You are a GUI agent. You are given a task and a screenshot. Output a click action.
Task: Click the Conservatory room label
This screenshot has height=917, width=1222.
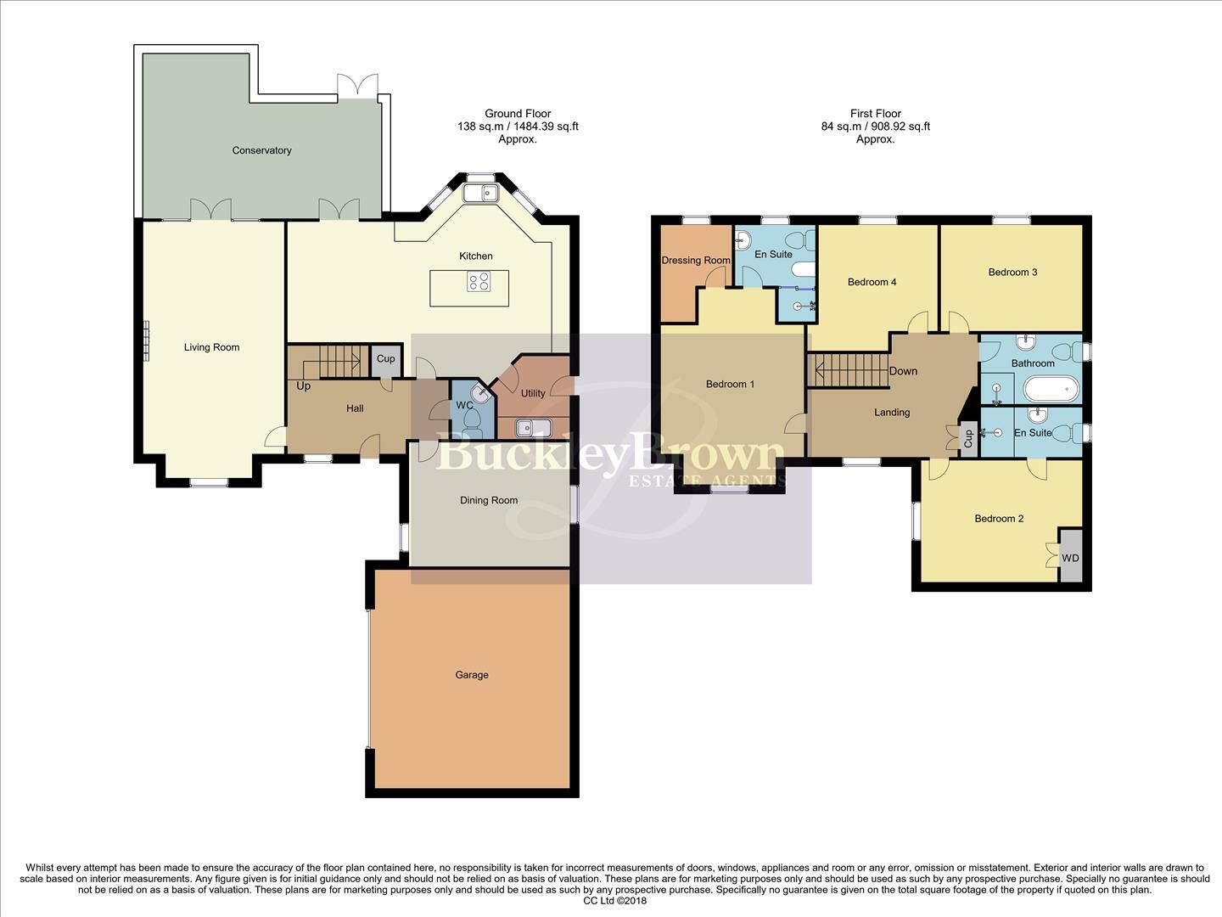click(261, 150)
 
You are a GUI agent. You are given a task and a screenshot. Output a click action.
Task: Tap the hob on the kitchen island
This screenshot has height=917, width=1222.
click(479, 281)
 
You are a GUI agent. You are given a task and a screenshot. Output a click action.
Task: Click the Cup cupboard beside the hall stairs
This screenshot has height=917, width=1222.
click(385, 359)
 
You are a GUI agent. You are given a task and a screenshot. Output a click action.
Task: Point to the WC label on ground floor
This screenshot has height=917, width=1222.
click(464, 405)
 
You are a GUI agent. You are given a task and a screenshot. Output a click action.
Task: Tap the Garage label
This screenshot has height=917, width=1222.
click(471, 675)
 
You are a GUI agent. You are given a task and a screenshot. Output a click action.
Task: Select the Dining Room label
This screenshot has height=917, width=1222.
click(489, 500)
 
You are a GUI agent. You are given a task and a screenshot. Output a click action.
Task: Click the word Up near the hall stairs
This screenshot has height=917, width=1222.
click(303, 386)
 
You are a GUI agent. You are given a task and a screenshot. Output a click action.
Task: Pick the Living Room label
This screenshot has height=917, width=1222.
click(211, 347)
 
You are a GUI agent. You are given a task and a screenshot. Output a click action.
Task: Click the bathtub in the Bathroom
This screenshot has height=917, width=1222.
click(1051, 391)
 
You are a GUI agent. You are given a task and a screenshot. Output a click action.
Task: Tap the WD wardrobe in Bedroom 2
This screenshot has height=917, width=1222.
click(1071, 558)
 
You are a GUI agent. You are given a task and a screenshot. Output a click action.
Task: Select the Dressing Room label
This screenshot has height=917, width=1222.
click(695, 260)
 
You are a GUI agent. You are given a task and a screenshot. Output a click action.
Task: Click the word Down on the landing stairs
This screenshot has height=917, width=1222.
click(903, 371)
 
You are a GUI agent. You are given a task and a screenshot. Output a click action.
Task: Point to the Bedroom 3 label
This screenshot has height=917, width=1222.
click(1012, 273)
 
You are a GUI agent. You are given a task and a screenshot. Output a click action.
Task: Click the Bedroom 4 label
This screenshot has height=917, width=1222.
click(872, 282)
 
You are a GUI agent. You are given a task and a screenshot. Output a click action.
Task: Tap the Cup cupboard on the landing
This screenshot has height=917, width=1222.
click(967, 439)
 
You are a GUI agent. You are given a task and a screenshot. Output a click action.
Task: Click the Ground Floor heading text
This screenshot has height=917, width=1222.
click(518, 114)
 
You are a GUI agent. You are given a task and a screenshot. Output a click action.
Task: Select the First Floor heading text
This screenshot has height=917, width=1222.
click(875, 114)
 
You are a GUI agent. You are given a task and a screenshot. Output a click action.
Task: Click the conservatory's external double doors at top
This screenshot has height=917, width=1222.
click(357, 87)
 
